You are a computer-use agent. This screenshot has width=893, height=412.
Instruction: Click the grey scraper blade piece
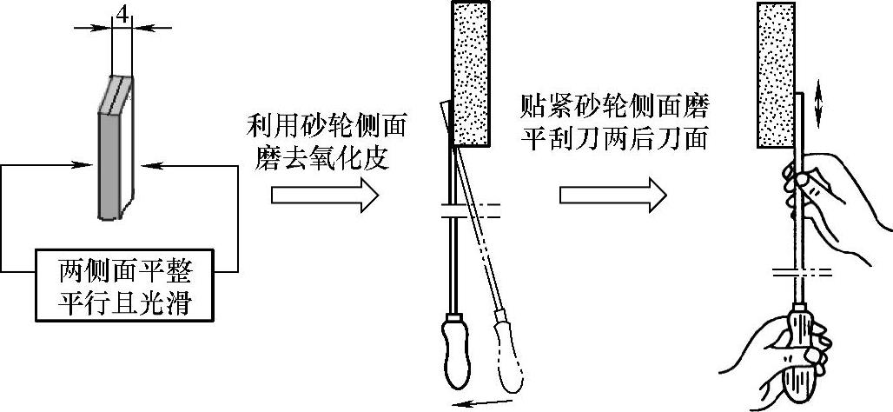pos(116,148)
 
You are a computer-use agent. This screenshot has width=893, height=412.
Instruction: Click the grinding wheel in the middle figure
pos(471,73)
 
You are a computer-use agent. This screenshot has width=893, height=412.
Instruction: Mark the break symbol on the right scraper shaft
pos(803,272)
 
